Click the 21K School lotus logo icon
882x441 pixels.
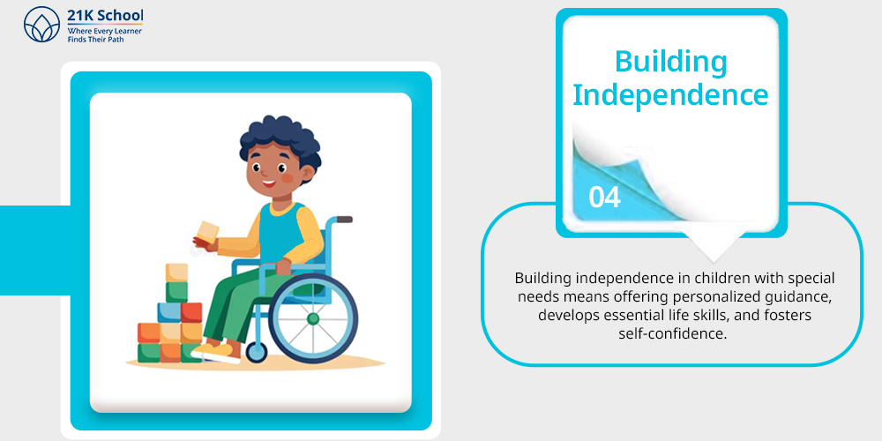(41, 25)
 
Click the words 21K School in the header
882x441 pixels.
(105, 15)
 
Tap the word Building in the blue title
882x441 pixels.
(670, 62)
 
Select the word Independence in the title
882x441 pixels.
(670, 95)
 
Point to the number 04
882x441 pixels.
(605, 198)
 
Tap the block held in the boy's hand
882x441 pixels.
(207, 232)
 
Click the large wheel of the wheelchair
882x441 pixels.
(313, 319)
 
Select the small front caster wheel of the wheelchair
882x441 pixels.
(257, 352)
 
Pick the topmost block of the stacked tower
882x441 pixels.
(176, 273)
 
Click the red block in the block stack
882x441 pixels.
(191, 312)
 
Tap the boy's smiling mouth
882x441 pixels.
(269, 183)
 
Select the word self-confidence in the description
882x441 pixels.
(669, 333)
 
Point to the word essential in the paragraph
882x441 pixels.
(631, 315)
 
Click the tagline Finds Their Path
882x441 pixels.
(95, 40)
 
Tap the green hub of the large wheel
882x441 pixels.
(313, 319)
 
